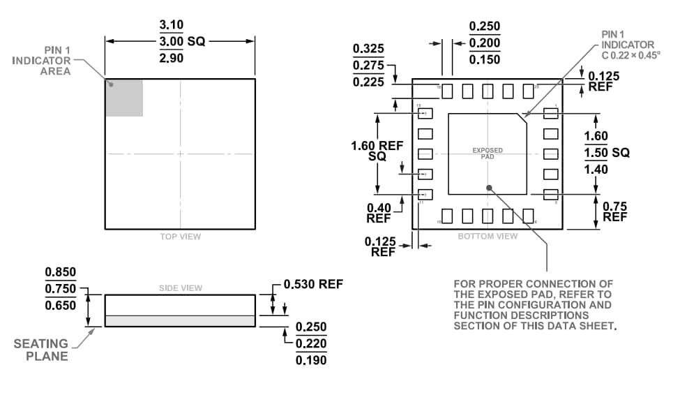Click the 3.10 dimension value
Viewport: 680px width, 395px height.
(x=172, y=24)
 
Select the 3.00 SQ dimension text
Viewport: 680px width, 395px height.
(x=182, y=41)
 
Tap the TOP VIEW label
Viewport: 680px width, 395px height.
(x=180, y=237)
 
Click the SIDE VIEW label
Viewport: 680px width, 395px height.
(x=180, y=288)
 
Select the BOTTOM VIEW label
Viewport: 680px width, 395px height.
(x=488, y=237)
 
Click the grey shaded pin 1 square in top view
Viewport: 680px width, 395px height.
(x=124, y=98)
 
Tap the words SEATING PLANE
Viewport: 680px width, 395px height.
(x=41, y=350)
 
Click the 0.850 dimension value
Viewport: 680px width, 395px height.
(x=61, y=272)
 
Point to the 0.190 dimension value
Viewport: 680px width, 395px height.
(x=311, y=360)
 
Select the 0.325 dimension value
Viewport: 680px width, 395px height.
(x=368, y=50)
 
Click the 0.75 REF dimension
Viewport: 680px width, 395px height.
(x=614, y=211)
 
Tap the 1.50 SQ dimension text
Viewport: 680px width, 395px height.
(x=606, y=153)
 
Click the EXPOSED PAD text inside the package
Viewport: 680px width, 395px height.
(x=488, y=153)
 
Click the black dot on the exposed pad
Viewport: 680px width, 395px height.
(x=490, y=187)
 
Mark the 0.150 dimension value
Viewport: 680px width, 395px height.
(x=485, y=59)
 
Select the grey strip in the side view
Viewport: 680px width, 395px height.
(x=180, y=320)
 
